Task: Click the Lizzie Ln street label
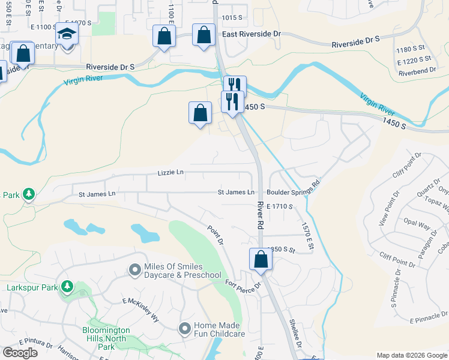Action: tap(170, 173)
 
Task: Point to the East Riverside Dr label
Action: tap(251, 35)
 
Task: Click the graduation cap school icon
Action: tap(67, 35)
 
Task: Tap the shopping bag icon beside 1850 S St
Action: tap(261, 259)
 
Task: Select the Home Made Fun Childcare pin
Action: tap(185, 328)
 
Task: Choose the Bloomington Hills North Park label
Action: tap(106, 338)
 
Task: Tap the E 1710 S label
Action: tap(279, 206)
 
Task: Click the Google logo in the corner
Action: tap(20, 352)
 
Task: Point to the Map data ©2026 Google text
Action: tap(412, 355)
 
